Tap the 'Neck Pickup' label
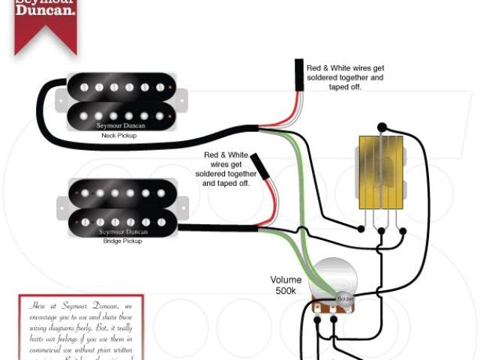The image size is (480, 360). (120, 137)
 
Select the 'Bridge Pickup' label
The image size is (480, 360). (121, 241)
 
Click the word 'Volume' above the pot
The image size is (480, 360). (286, 280)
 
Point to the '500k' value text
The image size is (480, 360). (286, 291)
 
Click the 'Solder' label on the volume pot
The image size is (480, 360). (344, 299)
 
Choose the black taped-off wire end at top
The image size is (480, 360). (299, 76)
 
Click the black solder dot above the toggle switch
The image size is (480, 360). (382, 127)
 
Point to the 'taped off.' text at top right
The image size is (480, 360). (345, 87)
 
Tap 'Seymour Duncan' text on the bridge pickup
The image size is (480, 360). (122, 231)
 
